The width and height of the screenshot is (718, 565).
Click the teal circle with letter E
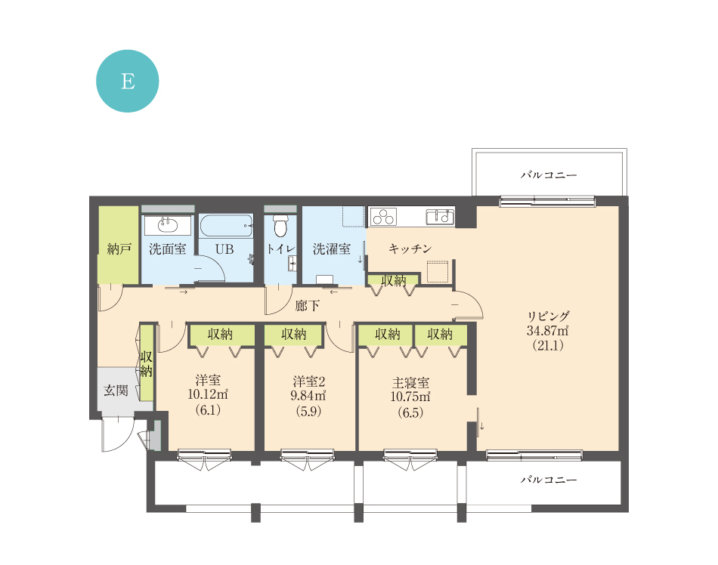pos(127,81)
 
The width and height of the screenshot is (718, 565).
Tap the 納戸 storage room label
pos(119,249)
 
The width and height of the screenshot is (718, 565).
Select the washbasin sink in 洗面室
pos(168,224)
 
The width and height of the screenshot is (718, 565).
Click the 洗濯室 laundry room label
pos(332,249)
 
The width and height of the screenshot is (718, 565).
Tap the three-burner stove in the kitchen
pos(384,216)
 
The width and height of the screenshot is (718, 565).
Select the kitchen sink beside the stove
pos(440,216)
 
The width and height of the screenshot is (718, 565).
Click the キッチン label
pos(410,249)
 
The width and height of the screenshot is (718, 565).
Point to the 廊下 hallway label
pos(308,306)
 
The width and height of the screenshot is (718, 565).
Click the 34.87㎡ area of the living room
pos(548,331)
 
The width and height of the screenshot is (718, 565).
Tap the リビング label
pos(548,316)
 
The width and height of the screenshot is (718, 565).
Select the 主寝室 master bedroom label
pos(410,382)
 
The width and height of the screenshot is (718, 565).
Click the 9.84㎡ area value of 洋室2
pos(308,395)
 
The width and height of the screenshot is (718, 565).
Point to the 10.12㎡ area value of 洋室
pos(208,394)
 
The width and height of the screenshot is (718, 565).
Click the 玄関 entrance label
pos(116,391)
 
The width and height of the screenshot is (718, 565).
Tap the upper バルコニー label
pos(549,174)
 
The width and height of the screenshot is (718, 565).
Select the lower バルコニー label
pos(549,480)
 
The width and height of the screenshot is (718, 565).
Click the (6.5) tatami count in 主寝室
pos(410,412)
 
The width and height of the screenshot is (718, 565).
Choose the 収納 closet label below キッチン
pos(393,280)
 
